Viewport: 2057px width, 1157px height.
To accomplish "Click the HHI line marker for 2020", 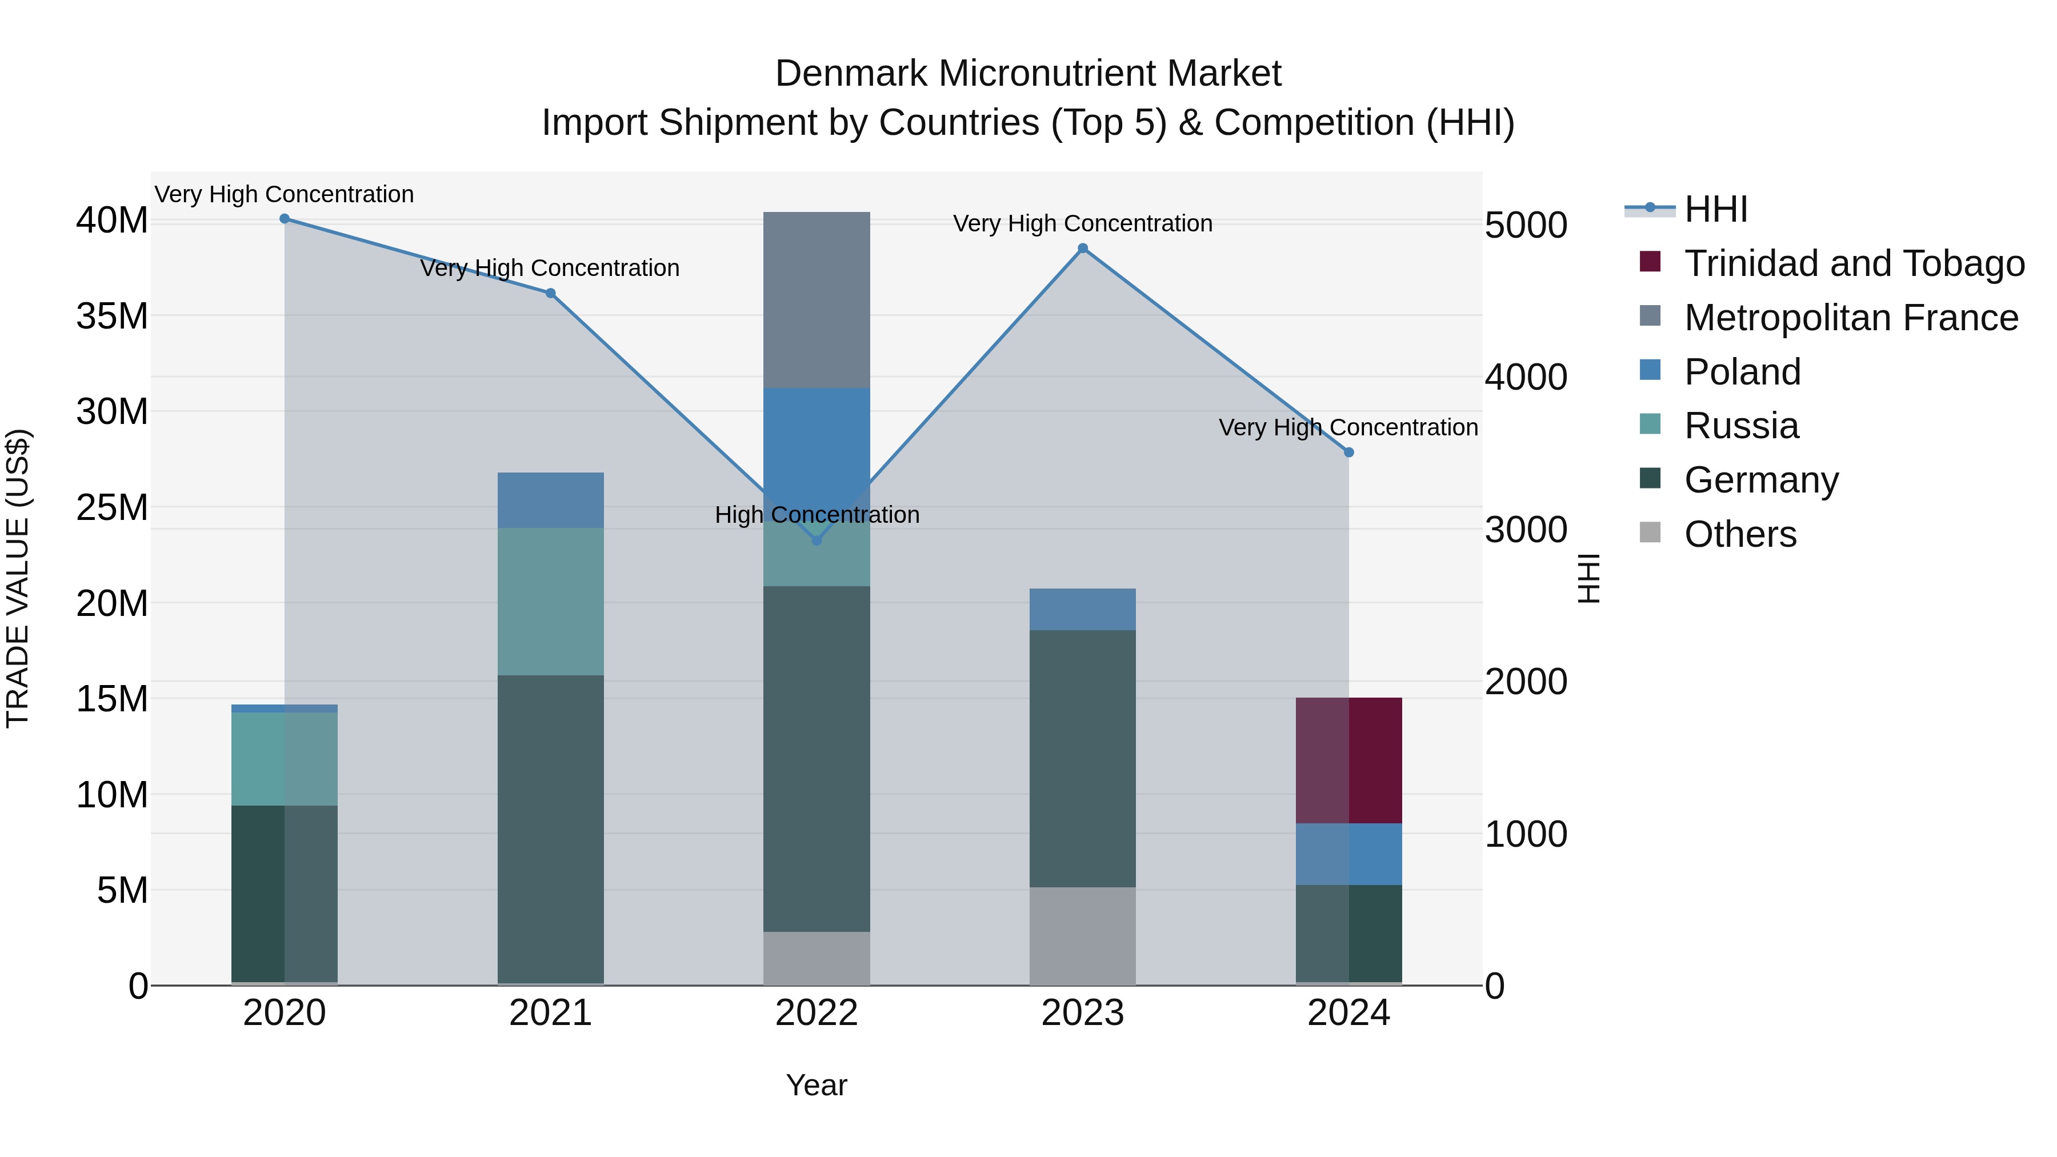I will [285, 219].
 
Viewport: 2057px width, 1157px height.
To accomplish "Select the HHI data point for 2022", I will [816, 541].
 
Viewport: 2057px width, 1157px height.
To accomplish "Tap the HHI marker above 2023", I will [1082, 249].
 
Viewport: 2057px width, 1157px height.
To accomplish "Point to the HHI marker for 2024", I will [1348, 453].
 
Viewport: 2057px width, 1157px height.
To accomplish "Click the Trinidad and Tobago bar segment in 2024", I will [1348, 760].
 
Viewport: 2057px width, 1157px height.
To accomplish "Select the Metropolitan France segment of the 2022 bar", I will [816, 299].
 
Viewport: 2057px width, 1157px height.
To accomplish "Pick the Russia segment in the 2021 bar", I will [550, 601].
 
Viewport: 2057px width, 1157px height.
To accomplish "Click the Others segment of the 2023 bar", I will [1082, 936].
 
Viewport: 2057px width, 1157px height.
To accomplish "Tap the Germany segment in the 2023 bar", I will [1082, 759].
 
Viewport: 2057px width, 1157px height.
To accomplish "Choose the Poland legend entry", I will [1742, 372].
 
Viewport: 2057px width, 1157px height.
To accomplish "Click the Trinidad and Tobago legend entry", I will [1854, 263].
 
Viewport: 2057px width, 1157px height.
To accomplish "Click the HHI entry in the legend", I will [1715, 209].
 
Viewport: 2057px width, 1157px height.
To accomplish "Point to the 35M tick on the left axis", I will [112, 316].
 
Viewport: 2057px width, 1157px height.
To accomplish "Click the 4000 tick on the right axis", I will [1525, 377].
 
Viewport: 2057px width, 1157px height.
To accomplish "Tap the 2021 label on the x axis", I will [550, 1013].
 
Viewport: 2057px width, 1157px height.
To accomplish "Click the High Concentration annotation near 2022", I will [816, 515].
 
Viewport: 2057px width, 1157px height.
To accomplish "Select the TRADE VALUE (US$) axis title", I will [18, 578].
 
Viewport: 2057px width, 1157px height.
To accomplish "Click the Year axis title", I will [816, 1085].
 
